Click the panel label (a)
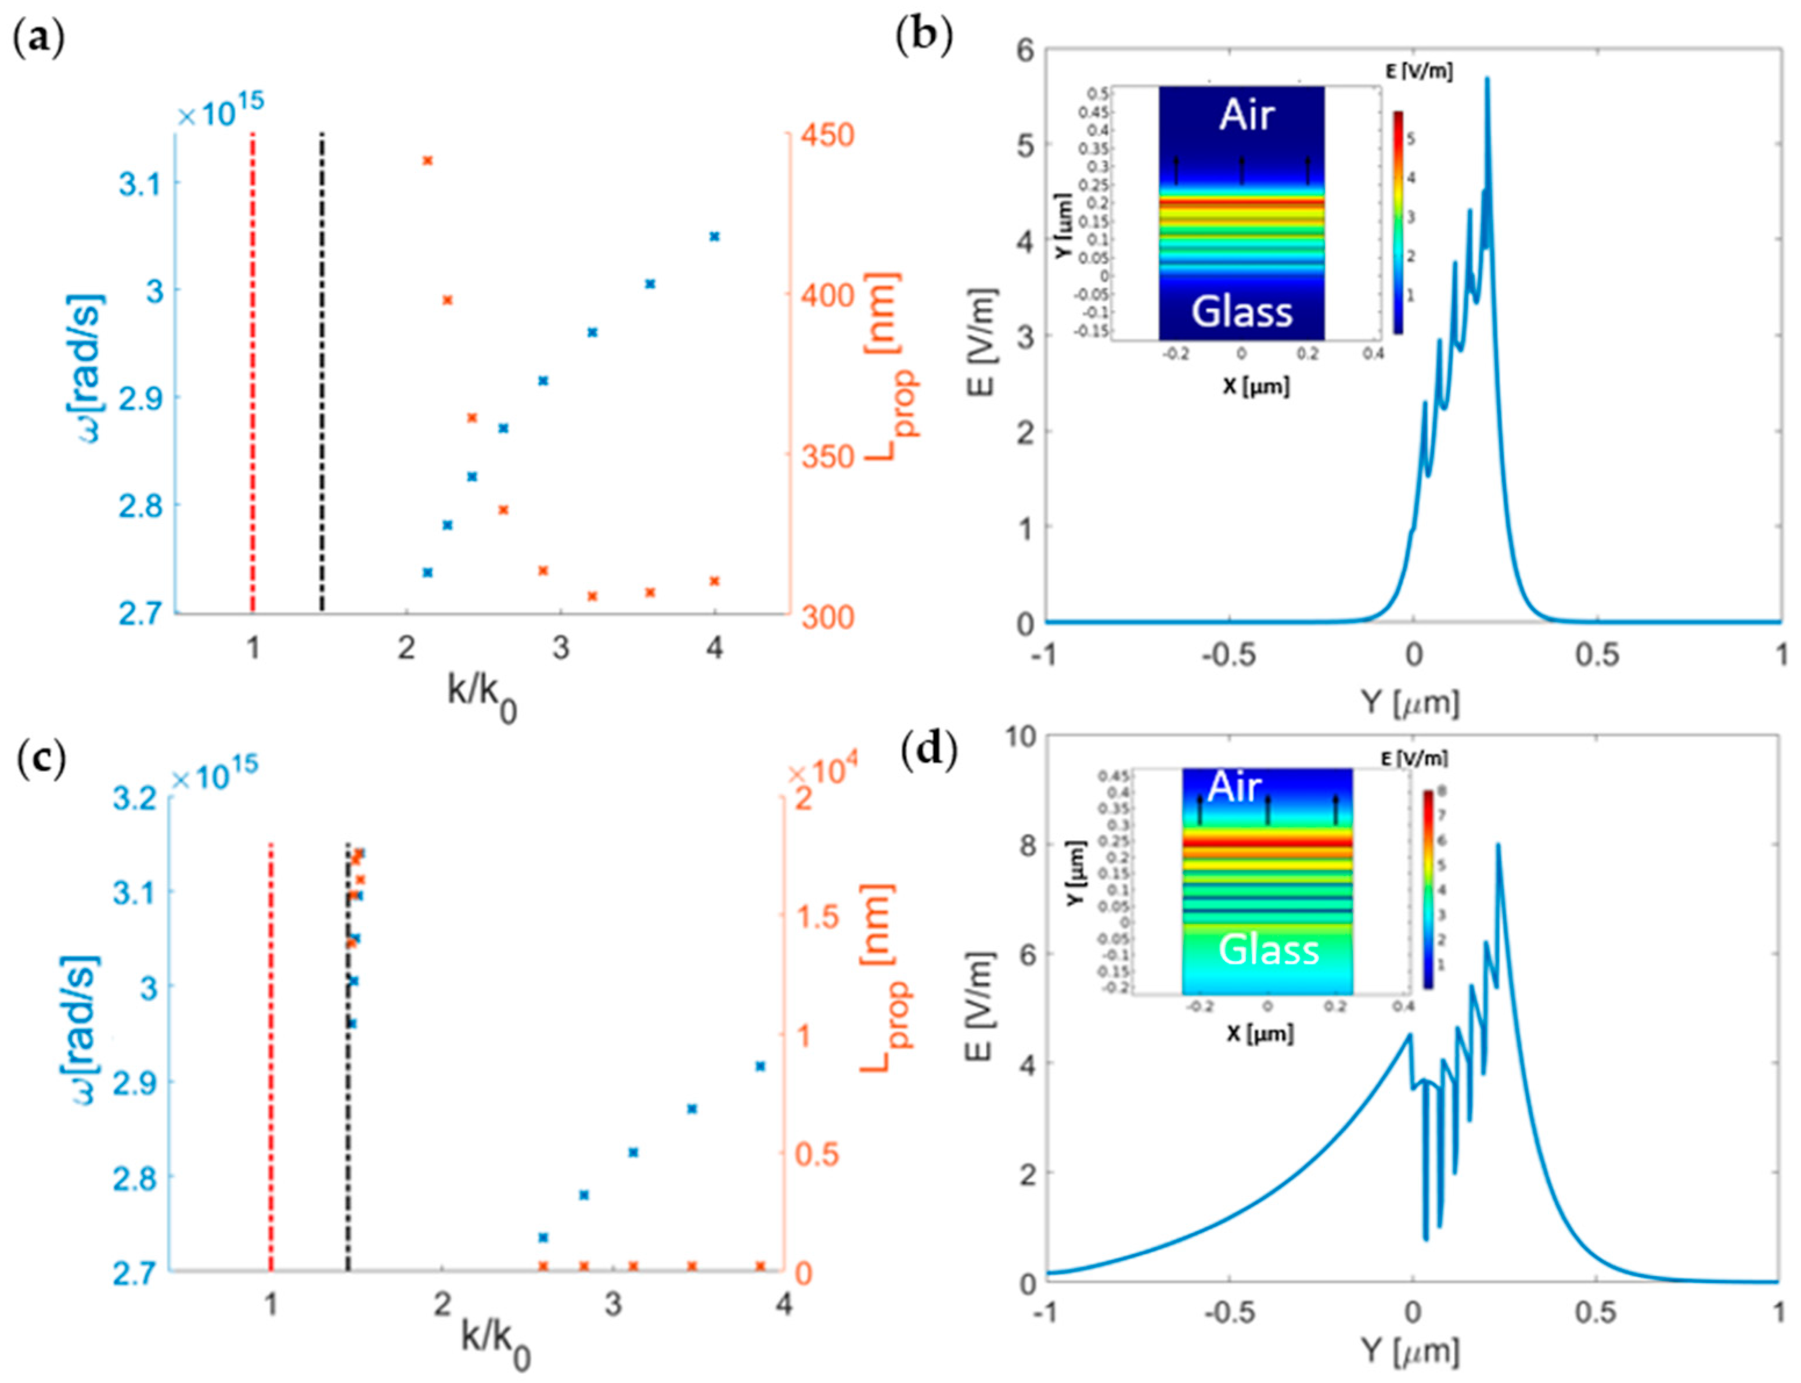[x=39, y=39]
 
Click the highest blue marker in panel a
[x=714, y=236]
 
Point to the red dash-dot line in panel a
[x=253, y=370]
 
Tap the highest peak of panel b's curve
[x=1486, y=80]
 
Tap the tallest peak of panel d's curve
[x=1497, y=845]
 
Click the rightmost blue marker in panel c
[x=760, y=1066]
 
